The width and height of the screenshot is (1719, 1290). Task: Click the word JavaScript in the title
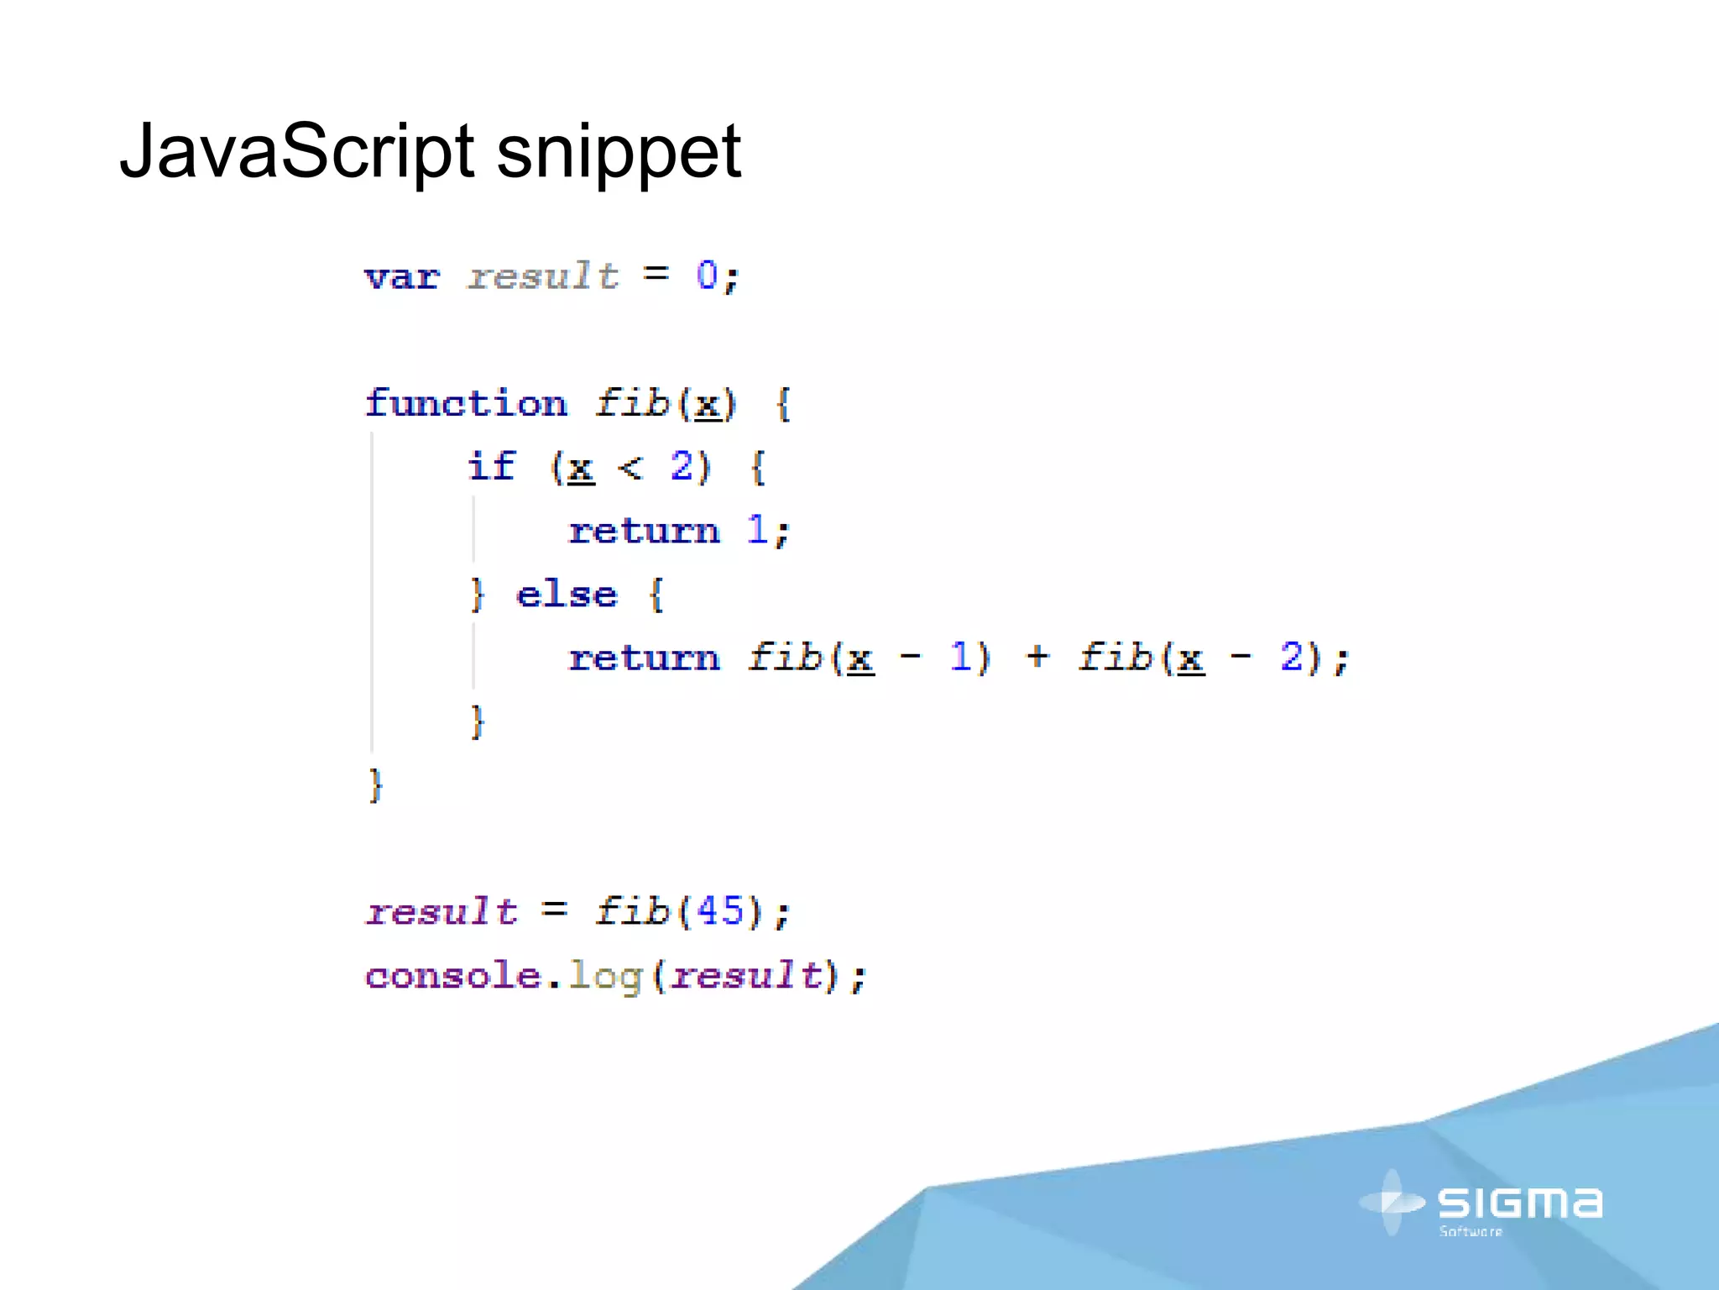(x=297, y=151)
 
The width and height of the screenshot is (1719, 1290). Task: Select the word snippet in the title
(x=619, y=153)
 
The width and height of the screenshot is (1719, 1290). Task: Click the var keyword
(x=402, y=277)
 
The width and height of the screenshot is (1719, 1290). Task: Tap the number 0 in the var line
(x=707, y=275)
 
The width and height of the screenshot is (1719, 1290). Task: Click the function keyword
(x=467, y=403)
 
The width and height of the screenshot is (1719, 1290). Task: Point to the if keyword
(x=492, y=467)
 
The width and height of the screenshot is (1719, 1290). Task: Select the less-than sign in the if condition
(x=630, y=467)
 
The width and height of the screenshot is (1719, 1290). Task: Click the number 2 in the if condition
(x=682, y=466)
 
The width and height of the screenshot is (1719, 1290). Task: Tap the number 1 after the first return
(x=757, y=530)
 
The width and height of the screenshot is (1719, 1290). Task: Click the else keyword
(x=567, y=595)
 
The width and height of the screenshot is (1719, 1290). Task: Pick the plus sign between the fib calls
(x=1037, y=657)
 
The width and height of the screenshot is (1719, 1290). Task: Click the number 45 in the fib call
(x=720, y=911)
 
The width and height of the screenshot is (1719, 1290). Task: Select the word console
(x=453, y=976)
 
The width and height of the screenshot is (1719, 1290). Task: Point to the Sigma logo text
(x=1519, y=1203)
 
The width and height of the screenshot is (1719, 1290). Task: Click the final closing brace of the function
(x=375, y=785)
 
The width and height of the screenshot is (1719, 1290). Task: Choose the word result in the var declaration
(x=543, y=276)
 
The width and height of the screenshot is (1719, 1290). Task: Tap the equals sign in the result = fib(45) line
(x=555, y=910)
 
